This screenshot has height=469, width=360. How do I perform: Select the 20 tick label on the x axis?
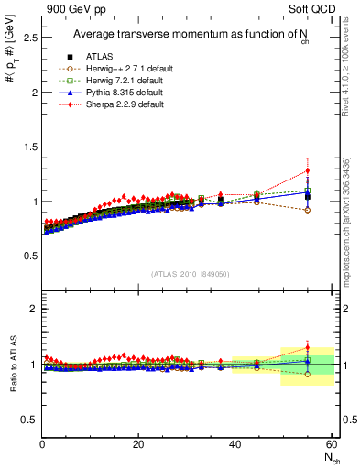(138, 444)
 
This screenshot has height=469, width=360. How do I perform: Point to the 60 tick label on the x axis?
(330, 444)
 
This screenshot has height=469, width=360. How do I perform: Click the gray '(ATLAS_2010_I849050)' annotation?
(190, 272)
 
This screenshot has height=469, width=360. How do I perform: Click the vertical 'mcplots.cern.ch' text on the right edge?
(351, 229)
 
